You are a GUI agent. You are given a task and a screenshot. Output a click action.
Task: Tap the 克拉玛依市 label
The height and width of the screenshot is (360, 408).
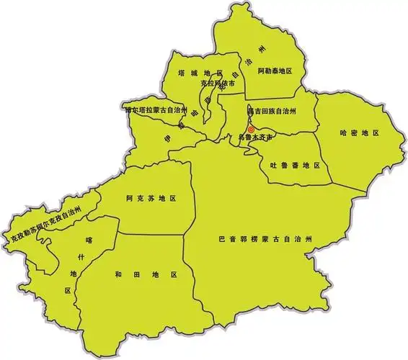pos(218,85)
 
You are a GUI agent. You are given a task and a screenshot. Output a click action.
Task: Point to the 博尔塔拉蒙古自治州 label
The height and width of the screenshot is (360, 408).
pos(155,111)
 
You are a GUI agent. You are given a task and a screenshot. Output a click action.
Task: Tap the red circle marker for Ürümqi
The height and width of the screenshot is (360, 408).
pos(251,130)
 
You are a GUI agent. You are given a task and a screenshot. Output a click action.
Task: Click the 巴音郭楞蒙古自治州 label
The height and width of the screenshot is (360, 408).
pos(266,238)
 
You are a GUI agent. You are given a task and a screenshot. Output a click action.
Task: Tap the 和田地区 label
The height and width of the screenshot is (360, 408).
pos(146,274)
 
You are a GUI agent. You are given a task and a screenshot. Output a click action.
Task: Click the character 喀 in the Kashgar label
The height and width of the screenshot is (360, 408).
pos(90,240)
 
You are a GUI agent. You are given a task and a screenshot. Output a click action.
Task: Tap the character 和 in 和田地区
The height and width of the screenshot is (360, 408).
pos(118,274)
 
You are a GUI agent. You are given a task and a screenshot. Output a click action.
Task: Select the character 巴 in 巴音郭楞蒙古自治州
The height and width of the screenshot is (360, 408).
pos(221,238)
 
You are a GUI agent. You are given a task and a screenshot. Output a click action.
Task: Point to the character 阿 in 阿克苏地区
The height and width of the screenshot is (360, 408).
pos(129,197)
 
